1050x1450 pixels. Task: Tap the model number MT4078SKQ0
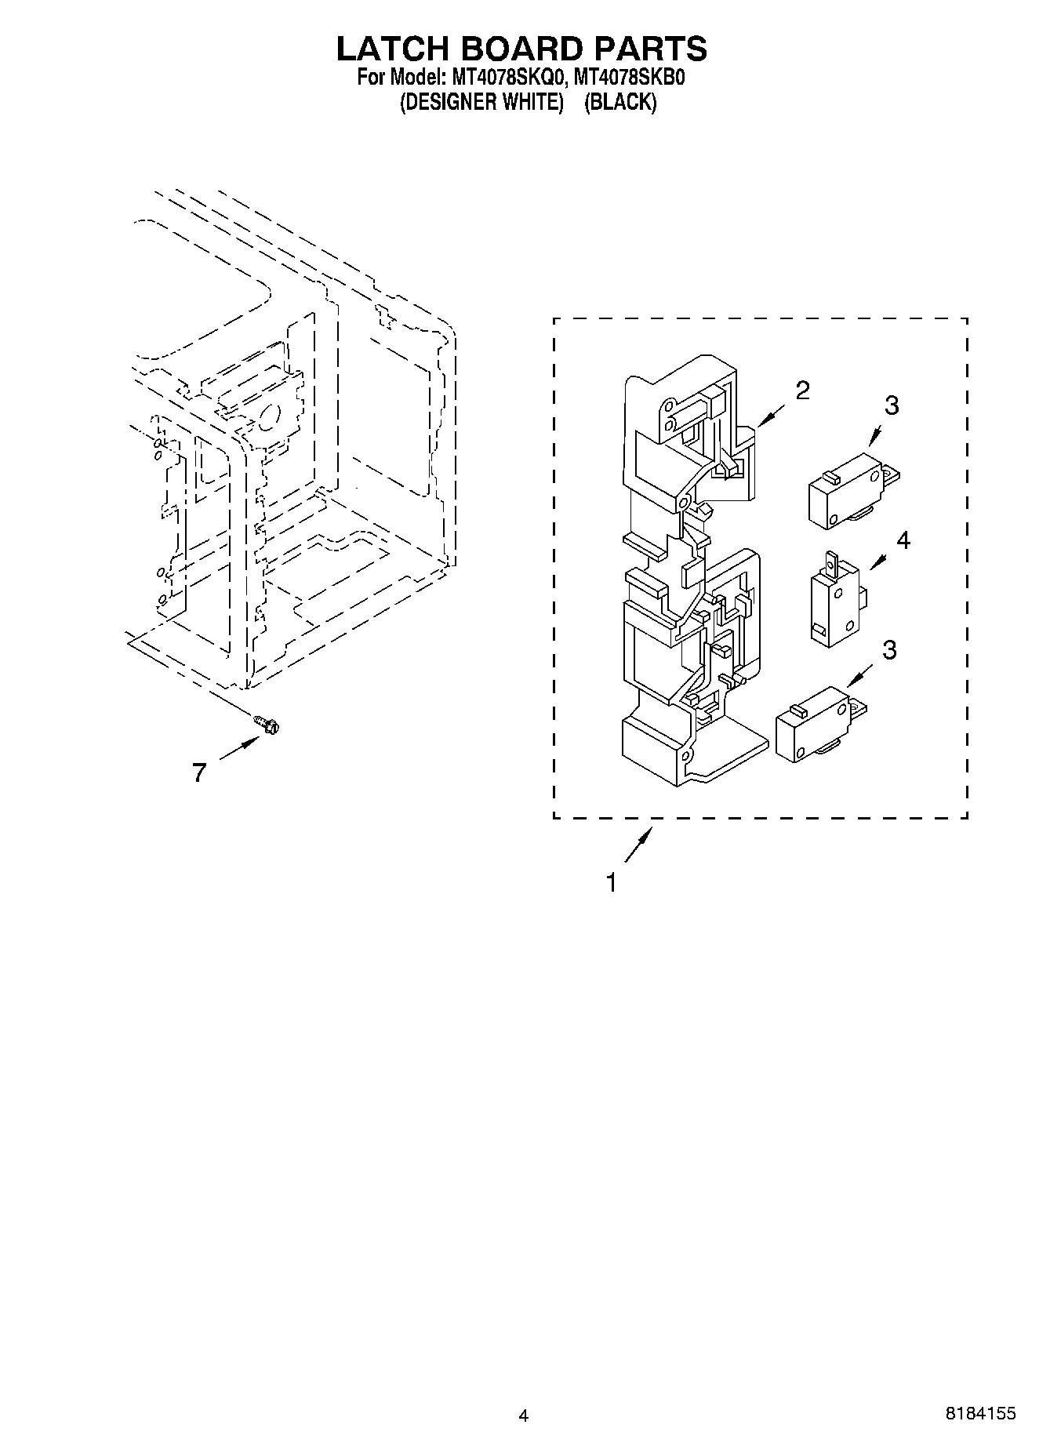506,78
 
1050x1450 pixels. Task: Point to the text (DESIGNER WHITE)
482,102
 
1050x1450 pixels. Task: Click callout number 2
802,391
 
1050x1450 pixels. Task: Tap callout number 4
903,540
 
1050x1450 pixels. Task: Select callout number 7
199,773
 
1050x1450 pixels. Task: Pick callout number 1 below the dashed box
611,883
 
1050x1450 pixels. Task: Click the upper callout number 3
892,405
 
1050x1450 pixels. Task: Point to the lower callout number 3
888,650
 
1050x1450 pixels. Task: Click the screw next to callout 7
267,725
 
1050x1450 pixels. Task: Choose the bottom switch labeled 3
818,724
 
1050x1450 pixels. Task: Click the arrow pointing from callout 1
638,848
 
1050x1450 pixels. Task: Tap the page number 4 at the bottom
524,1415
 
